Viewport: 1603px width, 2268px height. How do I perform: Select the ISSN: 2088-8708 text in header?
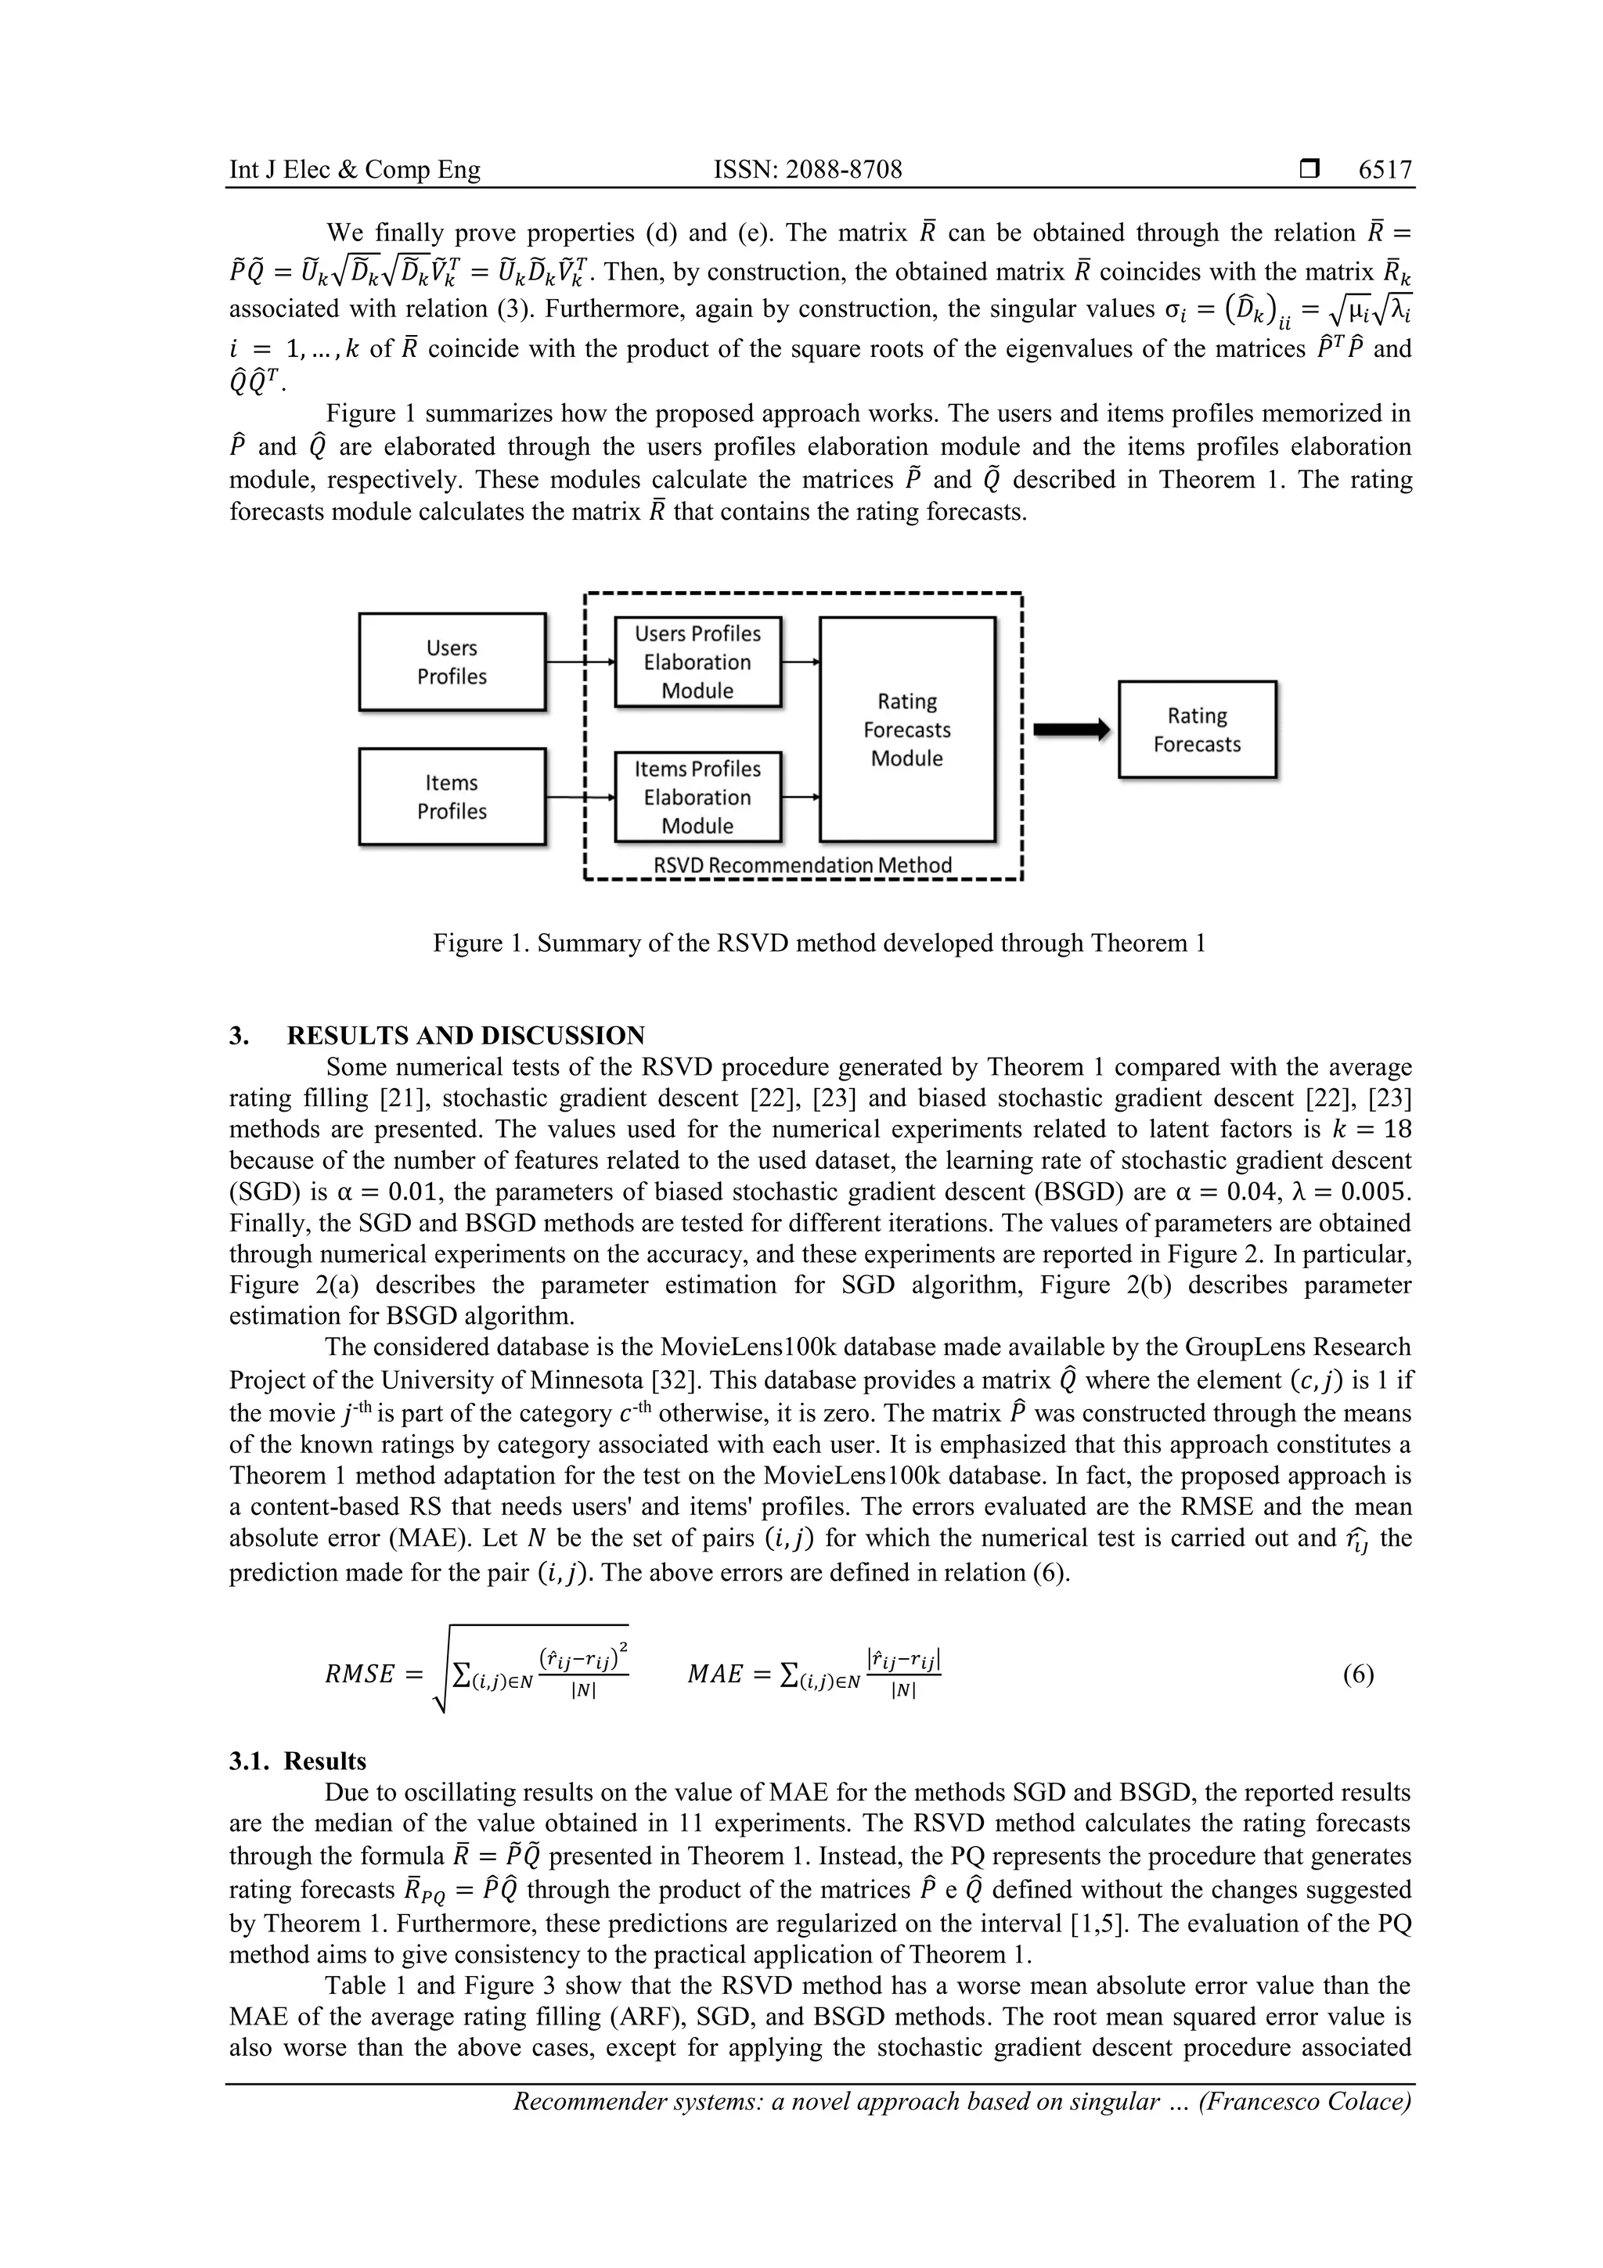807,170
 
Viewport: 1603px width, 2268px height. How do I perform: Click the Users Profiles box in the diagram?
452,662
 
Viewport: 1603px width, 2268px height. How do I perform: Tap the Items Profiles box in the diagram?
452,796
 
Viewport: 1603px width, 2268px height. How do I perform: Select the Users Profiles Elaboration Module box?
697,662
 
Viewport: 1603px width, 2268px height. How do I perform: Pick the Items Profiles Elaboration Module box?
697,797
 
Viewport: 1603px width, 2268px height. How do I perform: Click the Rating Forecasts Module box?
906,729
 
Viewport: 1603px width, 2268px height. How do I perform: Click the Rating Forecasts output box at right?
1197,730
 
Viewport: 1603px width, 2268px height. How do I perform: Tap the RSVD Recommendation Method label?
803,865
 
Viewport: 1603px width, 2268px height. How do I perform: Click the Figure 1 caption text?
819,943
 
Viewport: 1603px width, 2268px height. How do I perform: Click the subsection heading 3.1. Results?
297,1761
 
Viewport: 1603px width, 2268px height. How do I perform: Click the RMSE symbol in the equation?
359,1675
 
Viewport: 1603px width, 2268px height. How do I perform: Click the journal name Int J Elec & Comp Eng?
355,170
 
